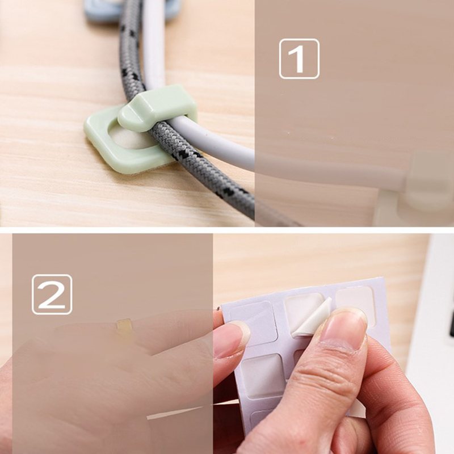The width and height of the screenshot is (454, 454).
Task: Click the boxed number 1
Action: tap(299, 59)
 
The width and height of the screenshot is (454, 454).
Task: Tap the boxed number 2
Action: tap(52, 294)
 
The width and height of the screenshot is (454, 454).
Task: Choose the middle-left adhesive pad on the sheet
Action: tap(263, 376)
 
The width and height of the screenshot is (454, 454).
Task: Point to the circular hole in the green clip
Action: tap(127, 138)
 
